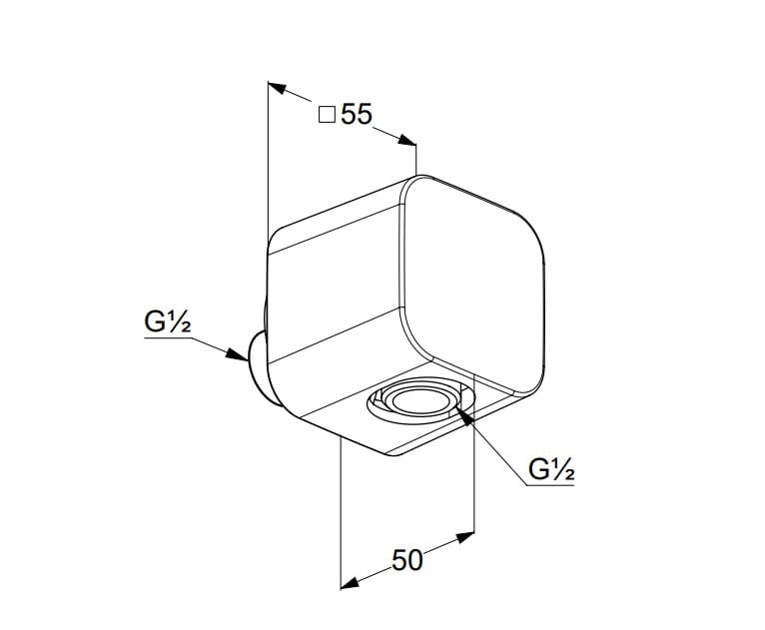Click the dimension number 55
(357, 115)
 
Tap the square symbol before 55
(327, 115)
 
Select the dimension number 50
(406, 560)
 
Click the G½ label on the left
(167, 322)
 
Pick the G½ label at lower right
(551, 469)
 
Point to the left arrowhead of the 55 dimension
(279, 90)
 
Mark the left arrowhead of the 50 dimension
(351, 581)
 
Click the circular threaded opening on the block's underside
(418, 401)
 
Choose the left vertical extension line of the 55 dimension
(269, 160)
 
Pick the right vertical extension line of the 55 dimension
(415, 160)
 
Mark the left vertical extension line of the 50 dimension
(342, 509)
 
